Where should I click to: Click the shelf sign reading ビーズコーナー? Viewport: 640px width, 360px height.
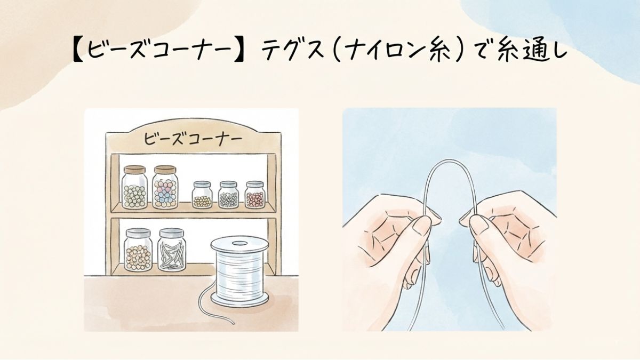coord(193,139)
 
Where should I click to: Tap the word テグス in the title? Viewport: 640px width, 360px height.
coord(291,51)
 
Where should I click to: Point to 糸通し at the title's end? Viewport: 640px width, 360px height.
coord(532,51)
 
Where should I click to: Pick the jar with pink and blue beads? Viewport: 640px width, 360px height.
coord(165,187)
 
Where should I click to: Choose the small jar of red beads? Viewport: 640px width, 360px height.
coord(255,194)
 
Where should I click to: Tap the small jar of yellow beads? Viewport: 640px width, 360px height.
coord(202,194)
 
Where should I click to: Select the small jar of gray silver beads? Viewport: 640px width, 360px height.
coord(229,194)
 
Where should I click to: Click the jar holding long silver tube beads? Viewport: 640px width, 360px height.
coord(172,250)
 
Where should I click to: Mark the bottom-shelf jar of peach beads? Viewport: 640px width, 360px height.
coord(138,250)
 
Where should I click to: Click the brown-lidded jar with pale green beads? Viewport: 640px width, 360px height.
coord(134,187)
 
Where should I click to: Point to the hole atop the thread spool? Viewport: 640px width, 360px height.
coord(239,243)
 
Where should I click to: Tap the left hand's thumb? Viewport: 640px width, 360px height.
coord(421,226)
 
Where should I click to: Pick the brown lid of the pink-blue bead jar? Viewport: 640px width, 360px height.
coord(165,170)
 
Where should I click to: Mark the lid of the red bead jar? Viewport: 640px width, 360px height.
coord(255,184)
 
